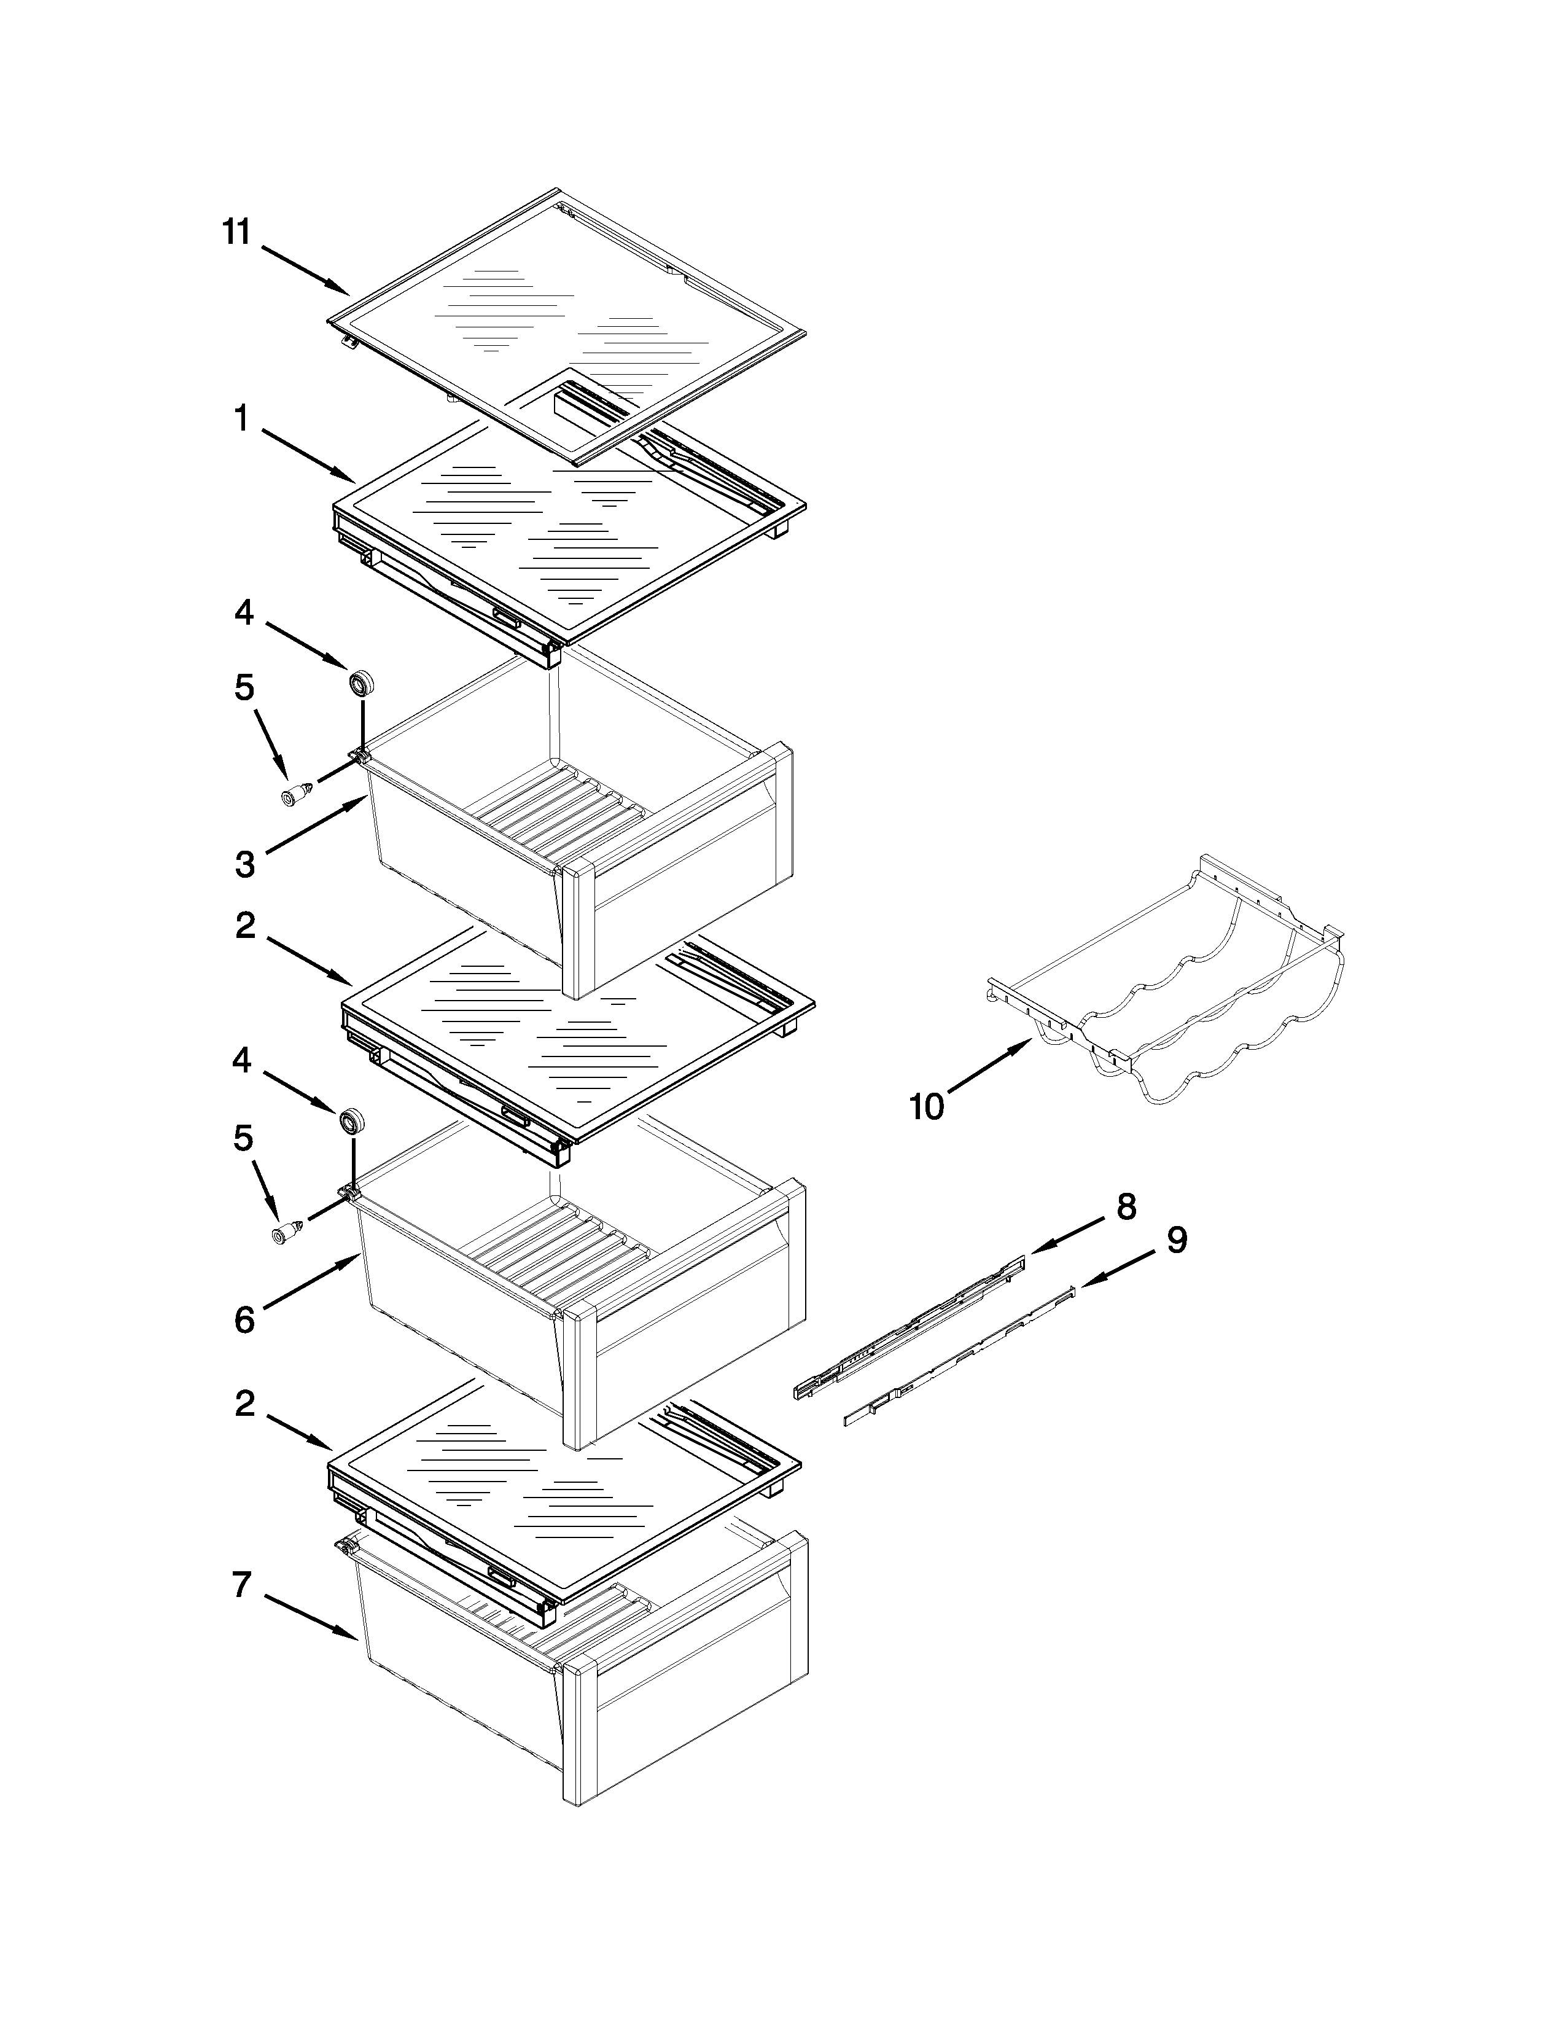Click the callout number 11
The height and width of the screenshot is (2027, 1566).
coord(236,232)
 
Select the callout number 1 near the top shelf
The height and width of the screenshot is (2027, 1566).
coord(241,420)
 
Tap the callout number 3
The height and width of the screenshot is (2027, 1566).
coord(244,864)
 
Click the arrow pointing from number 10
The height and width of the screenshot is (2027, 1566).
coord(989,1069)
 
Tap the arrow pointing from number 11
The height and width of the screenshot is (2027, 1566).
coord(306,271)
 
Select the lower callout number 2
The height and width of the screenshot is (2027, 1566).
coord(244,1404)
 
